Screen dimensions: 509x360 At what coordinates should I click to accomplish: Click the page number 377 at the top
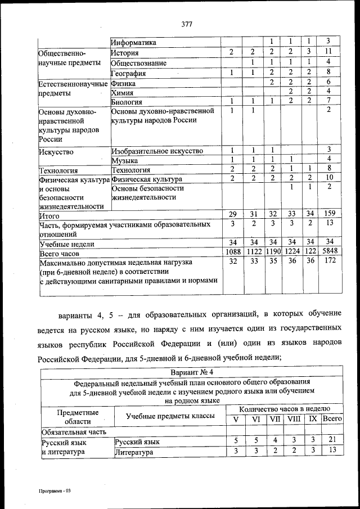point(187,24)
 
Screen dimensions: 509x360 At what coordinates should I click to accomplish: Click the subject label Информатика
point(134,43)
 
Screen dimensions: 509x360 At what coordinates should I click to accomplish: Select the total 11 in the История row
point(327,52)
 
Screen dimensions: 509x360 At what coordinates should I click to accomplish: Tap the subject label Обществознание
point(138,63)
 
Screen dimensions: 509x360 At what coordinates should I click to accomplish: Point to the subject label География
point(129,73)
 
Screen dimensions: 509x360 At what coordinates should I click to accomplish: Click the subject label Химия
point(122,93)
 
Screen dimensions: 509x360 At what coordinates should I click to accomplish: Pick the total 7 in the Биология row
point(327,101)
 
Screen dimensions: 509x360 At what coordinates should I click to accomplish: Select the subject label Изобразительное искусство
point(157,151)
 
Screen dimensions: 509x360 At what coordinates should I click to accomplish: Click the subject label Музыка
point(125,160)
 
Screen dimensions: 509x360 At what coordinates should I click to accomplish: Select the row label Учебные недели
point(66,244)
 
